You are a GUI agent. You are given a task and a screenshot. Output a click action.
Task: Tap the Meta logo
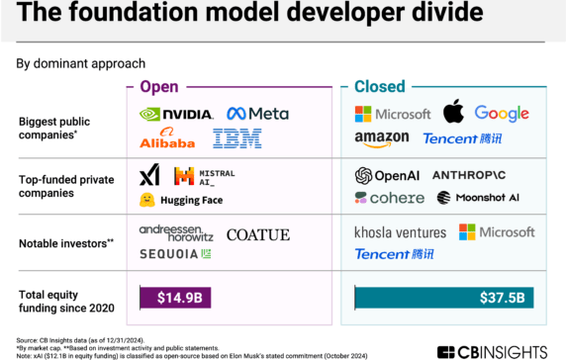257,114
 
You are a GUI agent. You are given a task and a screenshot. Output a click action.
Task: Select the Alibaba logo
166,139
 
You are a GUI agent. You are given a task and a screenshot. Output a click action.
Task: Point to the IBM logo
236,139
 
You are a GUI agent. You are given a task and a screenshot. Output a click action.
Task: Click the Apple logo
452,112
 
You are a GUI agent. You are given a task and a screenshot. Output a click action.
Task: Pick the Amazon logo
381,139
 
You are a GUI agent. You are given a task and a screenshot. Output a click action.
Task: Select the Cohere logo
389,198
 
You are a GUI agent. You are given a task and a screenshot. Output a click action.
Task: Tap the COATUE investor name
257,235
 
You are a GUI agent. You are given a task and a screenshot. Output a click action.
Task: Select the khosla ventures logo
400,233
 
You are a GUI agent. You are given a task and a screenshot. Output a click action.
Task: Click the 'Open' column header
159,86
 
